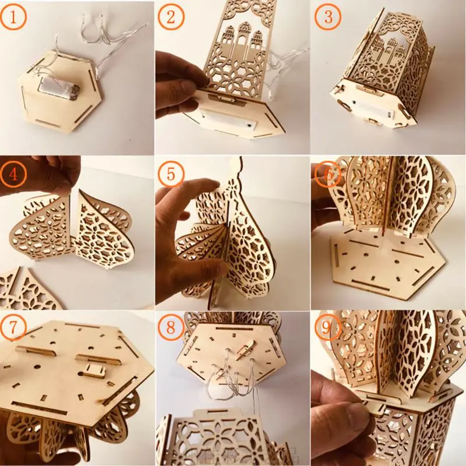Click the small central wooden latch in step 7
click(x=93, y=369)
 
